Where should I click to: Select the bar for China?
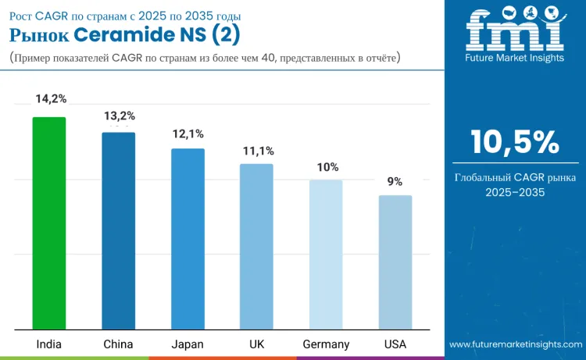pos(118,230)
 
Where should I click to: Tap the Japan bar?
pos(188,238)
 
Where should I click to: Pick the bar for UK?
pos(256,246)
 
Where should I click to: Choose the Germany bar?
pos(326,254)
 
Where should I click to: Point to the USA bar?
pos(395,262)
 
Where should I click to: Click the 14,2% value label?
pos(51,98)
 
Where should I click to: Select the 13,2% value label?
pos(120,116)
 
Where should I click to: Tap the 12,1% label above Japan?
pos(188,134)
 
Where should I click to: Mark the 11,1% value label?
pos(258,151)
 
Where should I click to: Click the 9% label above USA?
pos(395,181)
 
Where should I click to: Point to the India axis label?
pos(49,344)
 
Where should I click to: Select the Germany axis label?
pos(327,344)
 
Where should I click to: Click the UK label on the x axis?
pos(256,344)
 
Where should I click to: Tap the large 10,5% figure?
pos(515,142)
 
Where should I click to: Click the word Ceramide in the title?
pos(125,35)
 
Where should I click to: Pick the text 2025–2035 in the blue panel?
pos(515,191)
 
